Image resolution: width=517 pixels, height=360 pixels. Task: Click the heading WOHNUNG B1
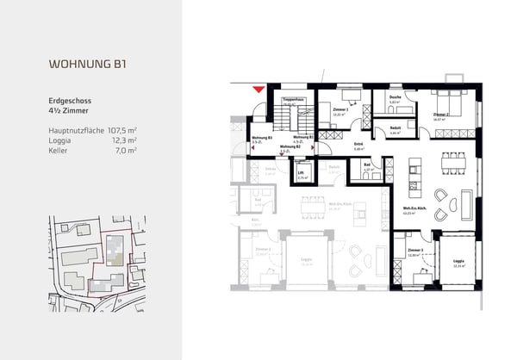point(90,64)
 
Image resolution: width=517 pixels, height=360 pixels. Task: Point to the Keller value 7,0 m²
point(128,150)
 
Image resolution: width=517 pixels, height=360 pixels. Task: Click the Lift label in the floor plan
point(301,173)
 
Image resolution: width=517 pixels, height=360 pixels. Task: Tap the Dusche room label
point(394,98)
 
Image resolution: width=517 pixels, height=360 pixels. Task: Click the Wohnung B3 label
point(262,138)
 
